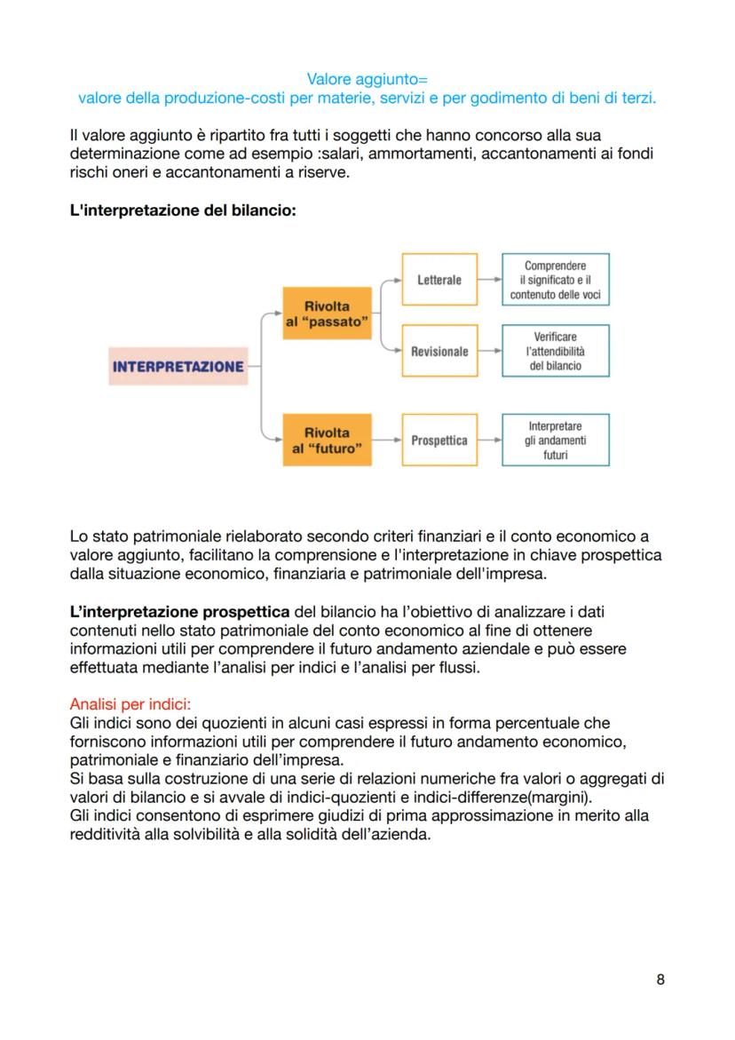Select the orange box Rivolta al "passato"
[327, 314]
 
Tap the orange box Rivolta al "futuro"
[327, 441]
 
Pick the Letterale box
[439, 280]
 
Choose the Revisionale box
[439, 352]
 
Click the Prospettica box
[439, 441]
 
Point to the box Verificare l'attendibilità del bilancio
[556, 351]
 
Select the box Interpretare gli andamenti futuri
[556, 441]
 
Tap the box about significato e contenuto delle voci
[556, 280]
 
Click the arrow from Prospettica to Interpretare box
[489, 441]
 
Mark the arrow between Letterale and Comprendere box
[489, 280]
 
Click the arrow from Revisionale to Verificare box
[489, 352]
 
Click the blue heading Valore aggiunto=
[367, 80]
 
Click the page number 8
[660, 980]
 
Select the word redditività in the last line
[105, 834]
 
